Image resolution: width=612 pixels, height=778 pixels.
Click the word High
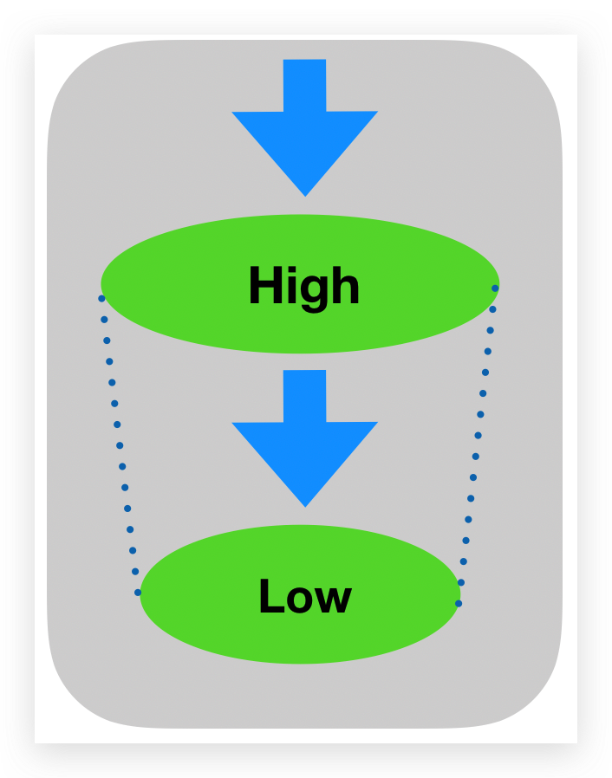(x=303, y=286)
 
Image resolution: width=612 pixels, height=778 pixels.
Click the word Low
(x=304, y=597)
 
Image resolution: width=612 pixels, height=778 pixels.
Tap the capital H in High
(x=265, y=286)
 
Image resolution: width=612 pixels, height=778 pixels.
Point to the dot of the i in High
(x=295, y=269)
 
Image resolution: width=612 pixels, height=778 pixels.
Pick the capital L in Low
(x=270, y=596)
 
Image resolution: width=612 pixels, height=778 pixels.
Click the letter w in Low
(x=335, y=600)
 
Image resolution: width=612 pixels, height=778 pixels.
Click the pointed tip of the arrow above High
(x=305, y=193)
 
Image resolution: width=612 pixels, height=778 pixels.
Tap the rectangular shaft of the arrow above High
(x=305, y=85)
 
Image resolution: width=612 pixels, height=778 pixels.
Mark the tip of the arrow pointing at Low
(x=305, y=504)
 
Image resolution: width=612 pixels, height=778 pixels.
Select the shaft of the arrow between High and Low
(x=305, y=396)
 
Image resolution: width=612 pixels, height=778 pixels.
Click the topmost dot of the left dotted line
(x=101, y=298)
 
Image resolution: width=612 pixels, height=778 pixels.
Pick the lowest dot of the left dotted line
(x=138, y=593)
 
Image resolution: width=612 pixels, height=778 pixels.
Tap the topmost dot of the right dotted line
(x=495, y=288)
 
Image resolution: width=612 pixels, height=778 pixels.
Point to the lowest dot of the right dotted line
(x=459, y=603)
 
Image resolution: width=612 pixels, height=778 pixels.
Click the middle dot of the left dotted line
(x=120, y=445)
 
